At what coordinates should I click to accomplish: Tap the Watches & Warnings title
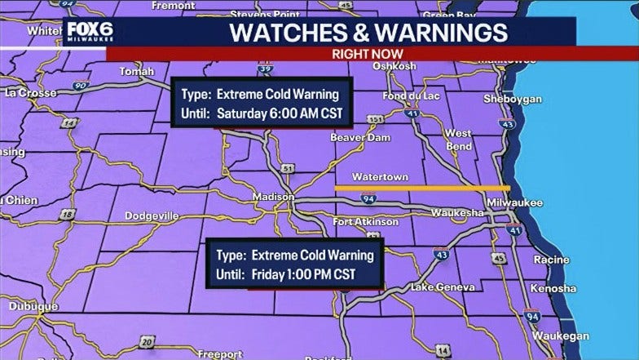(x=368, y=33)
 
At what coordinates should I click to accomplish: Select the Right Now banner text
(x=368, y=54)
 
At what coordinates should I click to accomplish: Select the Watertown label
(x=380, y=176)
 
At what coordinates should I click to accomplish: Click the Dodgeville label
(x=152, y=216)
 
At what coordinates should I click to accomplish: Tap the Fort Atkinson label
(x=366, y=221)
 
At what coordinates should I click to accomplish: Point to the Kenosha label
(x=553, y=288)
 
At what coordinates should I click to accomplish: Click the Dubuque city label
(x=33, y=306)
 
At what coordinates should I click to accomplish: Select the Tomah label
(x=137, y=71)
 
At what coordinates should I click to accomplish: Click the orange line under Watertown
(x=422, y=188)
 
